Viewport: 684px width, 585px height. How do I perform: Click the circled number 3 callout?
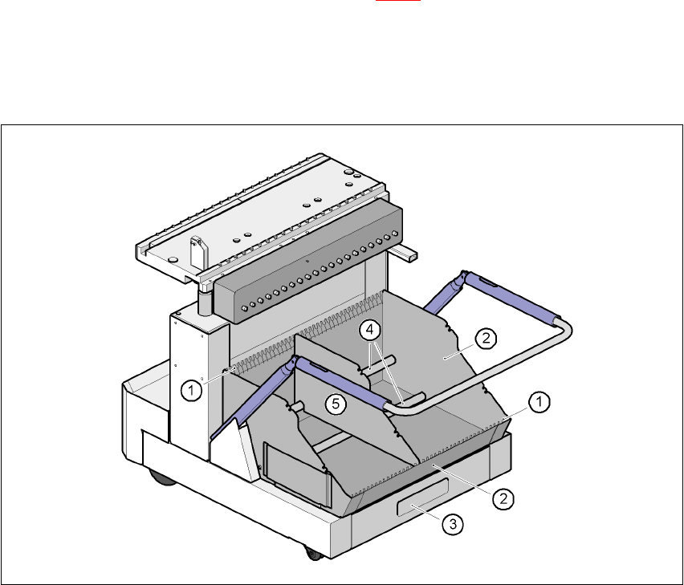click(x=453, y=523)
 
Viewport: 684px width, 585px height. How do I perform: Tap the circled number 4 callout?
click(x=369, y=330)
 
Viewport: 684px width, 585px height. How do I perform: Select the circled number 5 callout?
click(x=336, y=404)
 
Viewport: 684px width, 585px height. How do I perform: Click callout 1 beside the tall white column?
click(x=192, y=390)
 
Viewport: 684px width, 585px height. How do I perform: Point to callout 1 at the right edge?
click(x=539, y=401)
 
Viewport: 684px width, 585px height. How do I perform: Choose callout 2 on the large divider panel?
click(x=486, y=338)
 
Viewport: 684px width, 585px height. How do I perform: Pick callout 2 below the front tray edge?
click(x=503, y=498)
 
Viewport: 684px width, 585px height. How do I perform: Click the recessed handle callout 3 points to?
click(x=422, y=497)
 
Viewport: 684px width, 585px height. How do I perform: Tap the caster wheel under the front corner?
click(x=313, y=554)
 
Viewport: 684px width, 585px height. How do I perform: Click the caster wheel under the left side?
click(x=162, y=477)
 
